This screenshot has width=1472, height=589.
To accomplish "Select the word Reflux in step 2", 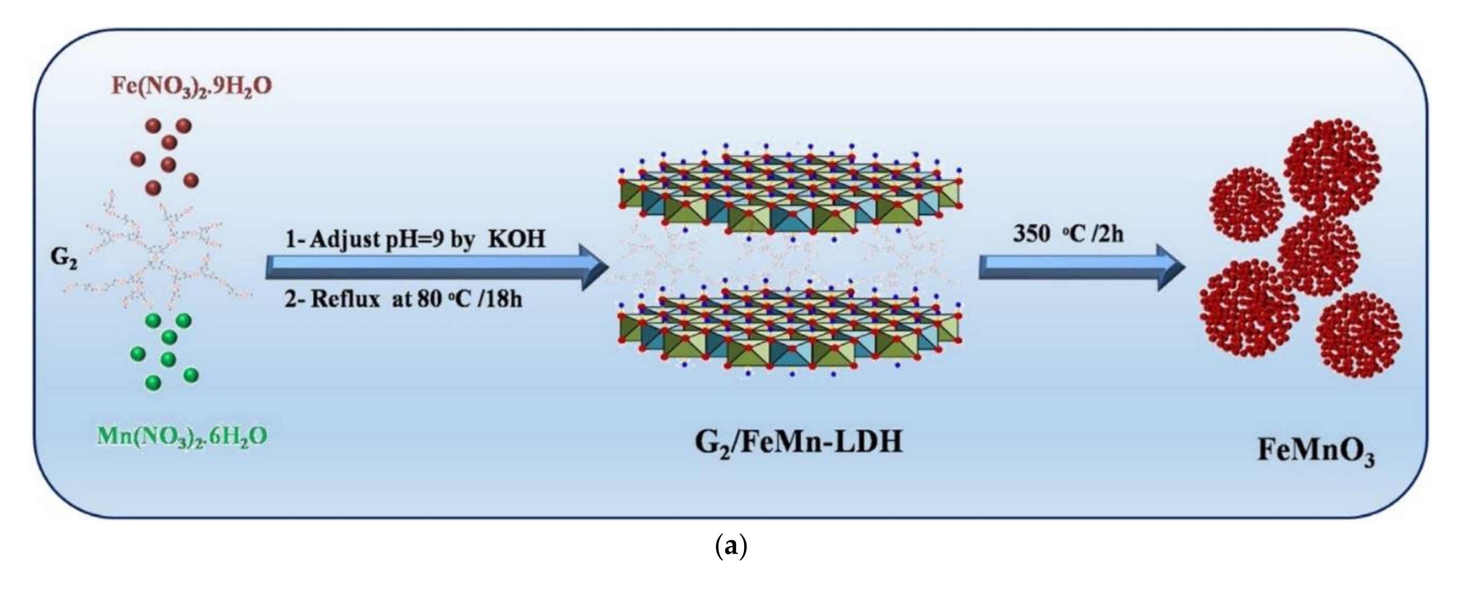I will click(345, 299).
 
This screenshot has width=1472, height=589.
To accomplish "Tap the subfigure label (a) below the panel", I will click(731, 547).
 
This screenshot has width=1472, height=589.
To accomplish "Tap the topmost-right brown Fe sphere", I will click(184, 126).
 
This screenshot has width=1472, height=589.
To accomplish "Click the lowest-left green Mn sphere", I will click(153, 382).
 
